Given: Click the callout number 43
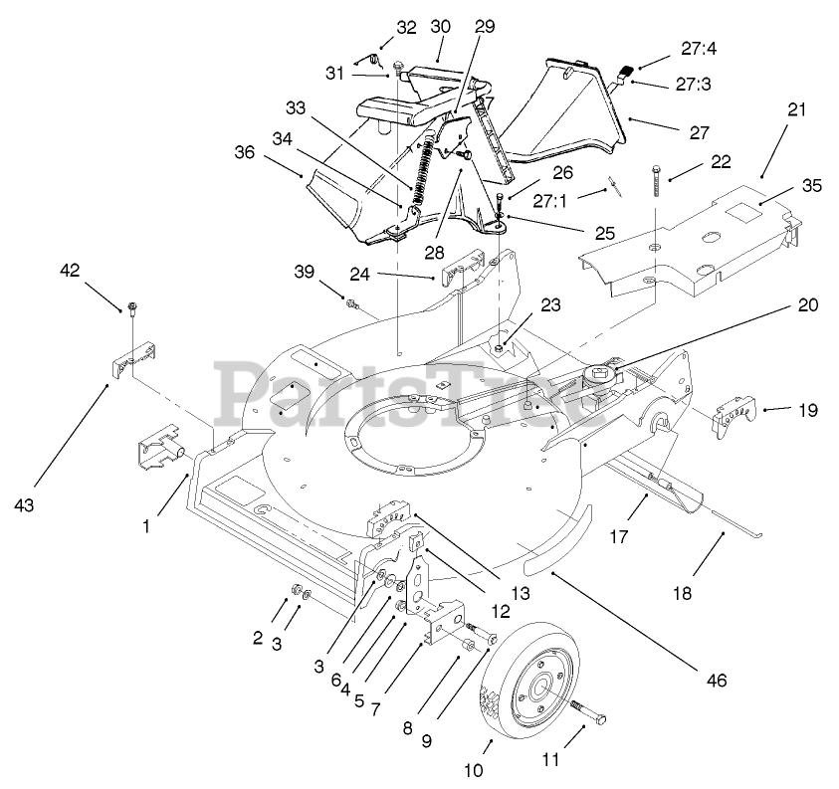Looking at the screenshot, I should tap(24, 504).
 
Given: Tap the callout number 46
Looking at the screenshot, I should tap(717, 681).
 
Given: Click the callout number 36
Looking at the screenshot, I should tap(245, 152).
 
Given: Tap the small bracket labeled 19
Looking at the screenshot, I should tap(736, 420).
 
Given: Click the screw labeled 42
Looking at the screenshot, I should tap(130, 308).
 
